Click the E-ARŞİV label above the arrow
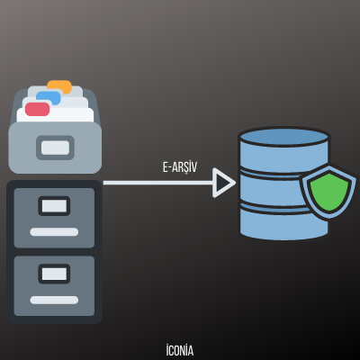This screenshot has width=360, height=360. click(180, 167)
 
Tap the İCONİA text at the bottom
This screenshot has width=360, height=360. click(180, 350)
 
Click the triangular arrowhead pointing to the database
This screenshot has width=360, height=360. click(223, 183)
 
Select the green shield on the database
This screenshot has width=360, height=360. click(328, 191)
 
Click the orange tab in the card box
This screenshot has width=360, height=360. click(59, 87)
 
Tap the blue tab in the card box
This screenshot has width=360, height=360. click(49, 97)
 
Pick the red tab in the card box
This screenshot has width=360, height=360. click(37, 109)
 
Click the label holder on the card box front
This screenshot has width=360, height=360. click(55, 148)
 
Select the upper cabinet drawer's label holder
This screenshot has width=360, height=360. click(54, 206)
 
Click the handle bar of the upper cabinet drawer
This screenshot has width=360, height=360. click(54, 231)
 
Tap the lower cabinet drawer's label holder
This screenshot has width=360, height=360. click(54, 274)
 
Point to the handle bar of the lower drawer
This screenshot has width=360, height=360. click(54, 300)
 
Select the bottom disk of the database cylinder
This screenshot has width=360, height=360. click(283, 222)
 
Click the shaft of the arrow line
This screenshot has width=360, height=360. click(157, 183)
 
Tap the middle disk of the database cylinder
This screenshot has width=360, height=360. click(270, 188)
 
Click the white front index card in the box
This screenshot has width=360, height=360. click(55, 115)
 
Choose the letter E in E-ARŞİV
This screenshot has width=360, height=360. click(166, 167)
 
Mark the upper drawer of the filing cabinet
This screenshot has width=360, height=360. click(54, 218)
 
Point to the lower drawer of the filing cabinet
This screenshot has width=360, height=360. click(54, 286)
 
